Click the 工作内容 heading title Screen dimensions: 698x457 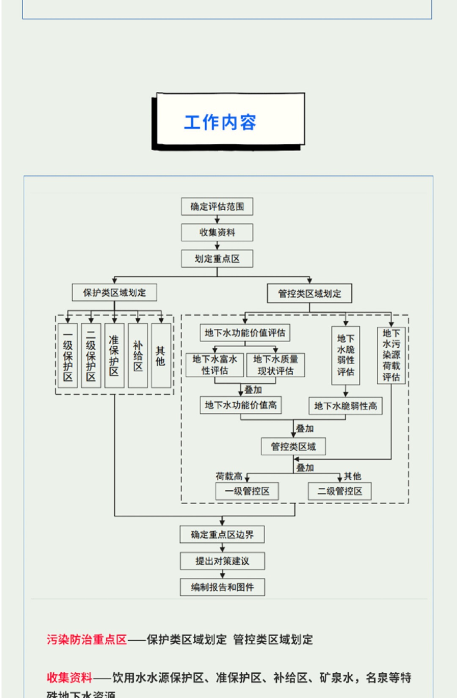pos(220,122)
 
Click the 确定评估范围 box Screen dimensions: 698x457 pos(217,206)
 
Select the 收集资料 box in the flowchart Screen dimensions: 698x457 pos(217,233)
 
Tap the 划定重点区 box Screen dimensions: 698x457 pos(217,258)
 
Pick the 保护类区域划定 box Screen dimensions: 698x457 pos(114,292)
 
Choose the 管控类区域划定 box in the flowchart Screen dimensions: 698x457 pos(309,294)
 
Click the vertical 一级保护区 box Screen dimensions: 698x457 pos(68,355)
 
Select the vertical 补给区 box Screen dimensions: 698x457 pos(138,355)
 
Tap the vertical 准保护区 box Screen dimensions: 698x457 pos(114,355)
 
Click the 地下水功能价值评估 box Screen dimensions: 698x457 pos(245,333)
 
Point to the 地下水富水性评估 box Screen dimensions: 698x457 pos(215,365)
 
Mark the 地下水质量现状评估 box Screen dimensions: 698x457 pos(275,365)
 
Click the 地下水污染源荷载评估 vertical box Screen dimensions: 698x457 pos(391,355)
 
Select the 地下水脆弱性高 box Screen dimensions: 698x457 pos(345,406)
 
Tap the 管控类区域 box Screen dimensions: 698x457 pos(293,447)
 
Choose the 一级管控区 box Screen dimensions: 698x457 pos(247,491)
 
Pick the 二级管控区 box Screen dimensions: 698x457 pos(340,491)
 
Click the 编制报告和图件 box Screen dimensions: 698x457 pos(222,587)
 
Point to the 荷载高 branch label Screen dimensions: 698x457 pos(229,476)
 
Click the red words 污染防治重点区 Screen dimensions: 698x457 pos(87,640)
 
